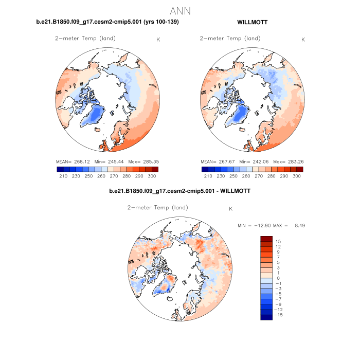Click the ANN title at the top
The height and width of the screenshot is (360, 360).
(180, 10)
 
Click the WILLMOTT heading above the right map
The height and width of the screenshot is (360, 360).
(252, 22)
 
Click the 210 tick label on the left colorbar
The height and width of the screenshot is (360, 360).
(63, 176)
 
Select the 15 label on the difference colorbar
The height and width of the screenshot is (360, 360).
(278, 241)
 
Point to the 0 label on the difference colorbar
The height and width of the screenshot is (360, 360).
(278, 278)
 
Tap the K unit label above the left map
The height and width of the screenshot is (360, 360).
(158, 40)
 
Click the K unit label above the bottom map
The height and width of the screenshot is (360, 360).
(231, 209)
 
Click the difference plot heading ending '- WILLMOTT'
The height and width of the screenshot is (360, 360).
(180, 191)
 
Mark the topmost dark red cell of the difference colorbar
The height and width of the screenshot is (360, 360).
(266, 239)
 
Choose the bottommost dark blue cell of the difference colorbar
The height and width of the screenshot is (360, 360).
(266, 317)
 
